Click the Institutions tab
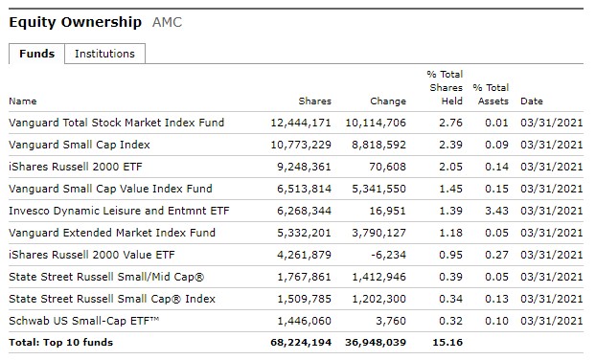click(104, 54)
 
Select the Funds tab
click(36, 54)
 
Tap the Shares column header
click(314, 101)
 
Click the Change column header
click(388, 101)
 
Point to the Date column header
click(531, 101)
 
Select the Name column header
click(22, 101)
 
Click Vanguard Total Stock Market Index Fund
click(116, 123)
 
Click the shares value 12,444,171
click(301, 123)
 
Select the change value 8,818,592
click(376, 145)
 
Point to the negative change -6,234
click(387, 255)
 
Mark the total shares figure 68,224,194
click(301, 343)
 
